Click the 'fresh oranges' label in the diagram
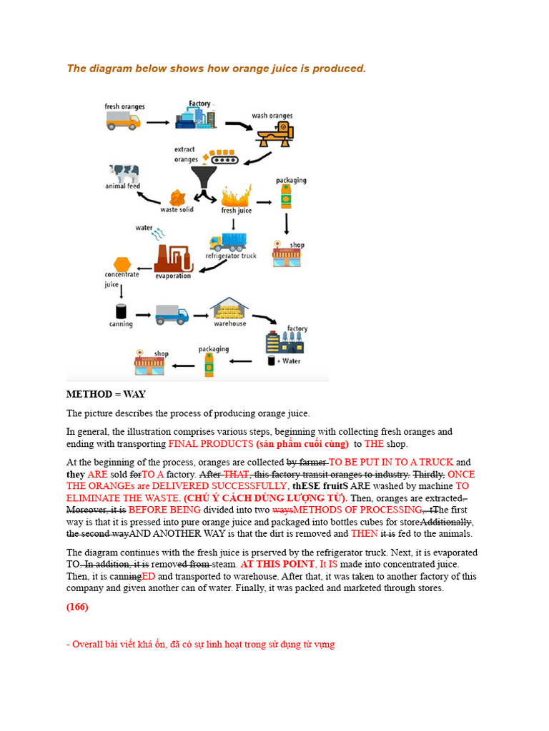[x=124, y=107]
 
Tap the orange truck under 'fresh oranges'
[x=123, y=122]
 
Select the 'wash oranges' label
[x=272, y=116]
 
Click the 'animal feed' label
[x=123, y=186]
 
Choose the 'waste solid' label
[x=177, y=210]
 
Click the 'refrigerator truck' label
[x=231, y=256]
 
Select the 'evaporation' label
[x=173, y=276]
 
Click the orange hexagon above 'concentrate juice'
[x=122, y=265]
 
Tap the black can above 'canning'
[x=121, y=311]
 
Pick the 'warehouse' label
[x=229, y=323]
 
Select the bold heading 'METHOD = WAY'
[x=106, y=394]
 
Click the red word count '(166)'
[x=77, y=607]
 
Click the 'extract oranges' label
[x=187, y=154]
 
